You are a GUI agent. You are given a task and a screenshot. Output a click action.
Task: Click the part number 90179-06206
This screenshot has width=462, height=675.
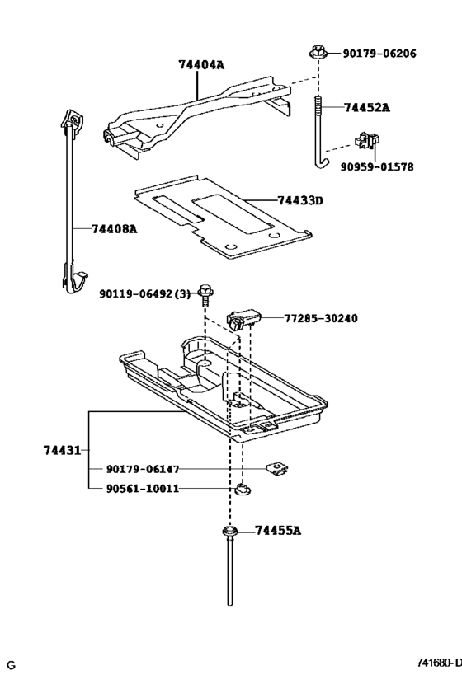[x=380, y=54]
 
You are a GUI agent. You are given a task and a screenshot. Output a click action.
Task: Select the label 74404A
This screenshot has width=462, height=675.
[x=201, y=63]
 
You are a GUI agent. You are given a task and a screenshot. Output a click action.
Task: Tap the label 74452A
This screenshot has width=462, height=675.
[x=367, y=107]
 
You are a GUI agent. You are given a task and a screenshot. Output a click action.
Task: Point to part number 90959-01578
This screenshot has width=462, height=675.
[x=377, y=166]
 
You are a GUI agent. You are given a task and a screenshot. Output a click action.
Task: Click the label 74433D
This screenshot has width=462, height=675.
[x=299, y=200]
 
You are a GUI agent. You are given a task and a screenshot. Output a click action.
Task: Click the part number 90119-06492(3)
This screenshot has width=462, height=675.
[x=144, y=293]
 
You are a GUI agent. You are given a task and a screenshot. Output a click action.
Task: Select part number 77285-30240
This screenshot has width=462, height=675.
[x=320, y=318]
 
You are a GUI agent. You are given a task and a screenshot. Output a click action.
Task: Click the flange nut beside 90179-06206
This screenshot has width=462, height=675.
[x=318, y=53]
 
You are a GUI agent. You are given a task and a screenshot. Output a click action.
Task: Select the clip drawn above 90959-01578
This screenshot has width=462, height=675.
[x=365, y=140]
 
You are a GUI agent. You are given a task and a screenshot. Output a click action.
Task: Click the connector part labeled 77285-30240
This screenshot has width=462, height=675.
[x=245, y=317]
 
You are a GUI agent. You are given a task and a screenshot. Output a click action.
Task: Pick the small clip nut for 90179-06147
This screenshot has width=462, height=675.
[x=277, y=470]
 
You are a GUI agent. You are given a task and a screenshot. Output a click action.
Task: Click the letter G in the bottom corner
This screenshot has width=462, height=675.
[x=12, y=664]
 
